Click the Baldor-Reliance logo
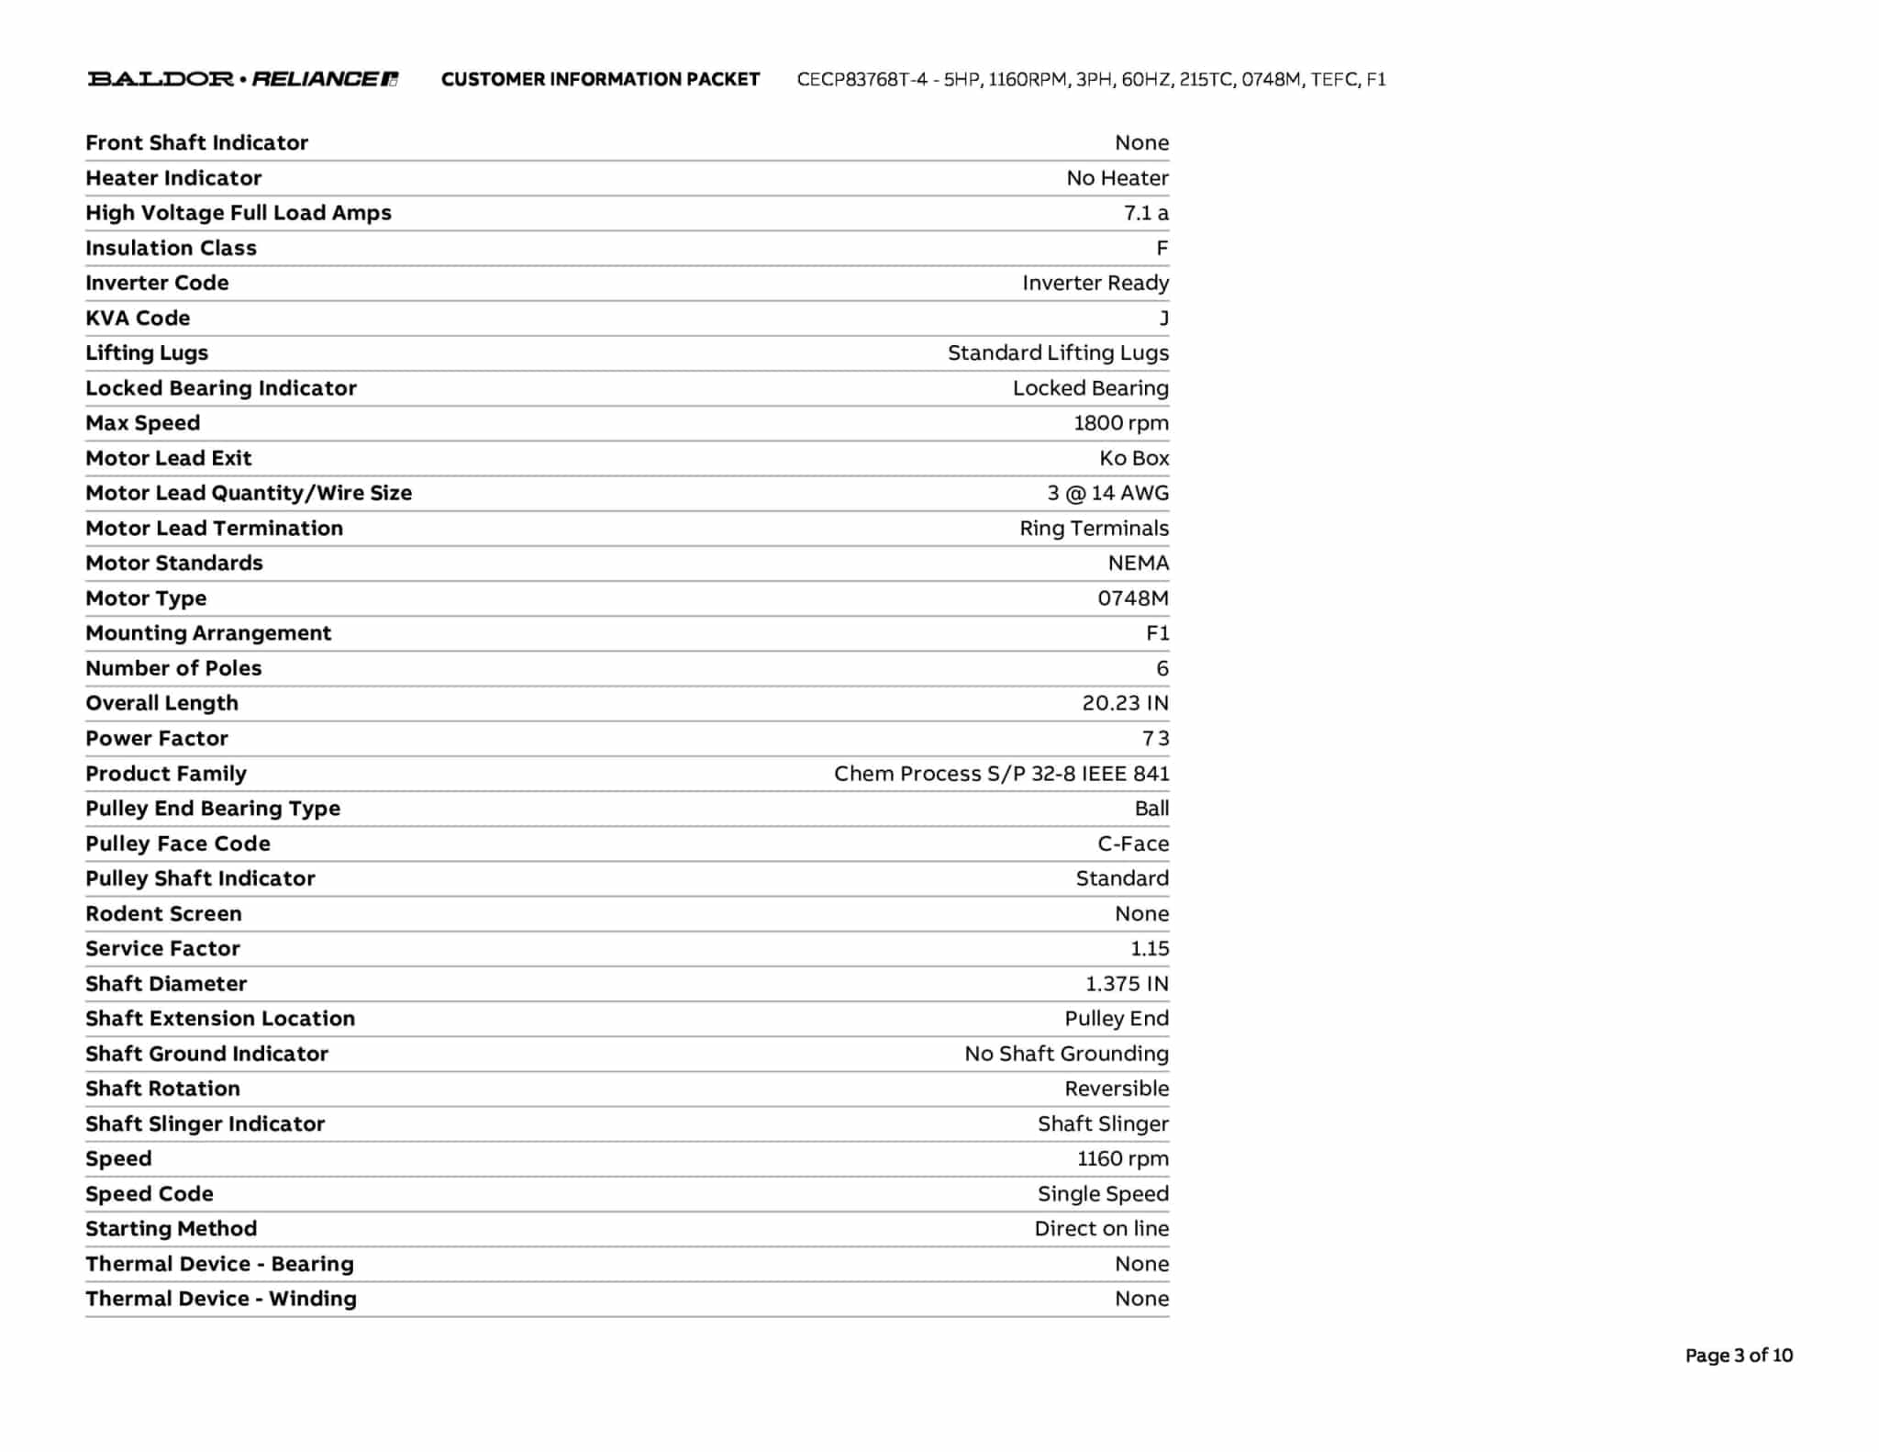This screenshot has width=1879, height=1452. (242, 79)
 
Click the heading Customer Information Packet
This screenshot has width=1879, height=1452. (600, 80)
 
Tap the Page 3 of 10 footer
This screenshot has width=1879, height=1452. (1738, 1356)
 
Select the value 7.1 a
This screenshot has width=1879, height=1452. (1146, 213)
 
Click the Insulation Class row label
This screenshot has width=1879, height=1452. (171, 248)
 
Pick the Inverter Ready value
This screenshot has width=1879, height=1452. (1095, 283)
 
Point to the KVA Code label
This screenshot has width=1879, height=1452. (138, 318)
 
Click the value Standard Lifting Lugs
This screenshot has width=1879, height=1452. (1058, 353)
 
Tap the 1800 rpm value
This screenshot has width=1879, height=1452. (1121, 423)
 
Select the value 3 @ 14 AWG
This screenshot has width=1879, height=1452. (1108, 493)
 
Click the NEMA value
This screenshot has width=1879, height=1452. (1139, 563)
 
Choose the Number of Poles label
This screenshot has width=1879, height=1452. (173, 668)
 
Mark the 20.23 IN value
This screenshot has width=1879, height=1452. (1125, 703)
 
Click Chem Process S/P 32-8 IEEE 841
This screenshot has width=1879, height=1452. (1001, 774)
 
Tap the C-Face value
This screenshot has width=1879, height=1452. (1133, 843)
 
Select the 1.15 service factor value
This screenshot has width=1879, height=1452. (1150, 948)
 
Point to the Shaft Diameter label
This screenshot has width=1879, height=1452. (166, 984)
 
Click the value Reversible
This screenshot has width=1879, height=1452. (1117, 1089)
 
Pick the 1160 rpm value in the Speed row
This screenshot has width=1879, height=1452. (1123, 1158)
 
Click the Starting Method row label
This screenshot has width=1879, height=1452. (172, 1229)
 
